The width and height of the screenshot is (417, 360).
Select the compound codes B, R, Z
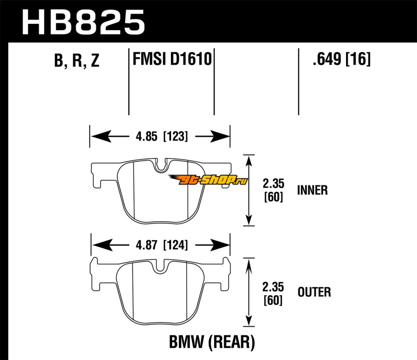[76, 61]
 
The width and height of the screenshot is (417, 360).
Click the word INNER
[312, 190]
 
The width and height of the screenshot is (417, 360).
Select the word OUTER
[313, 292]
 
